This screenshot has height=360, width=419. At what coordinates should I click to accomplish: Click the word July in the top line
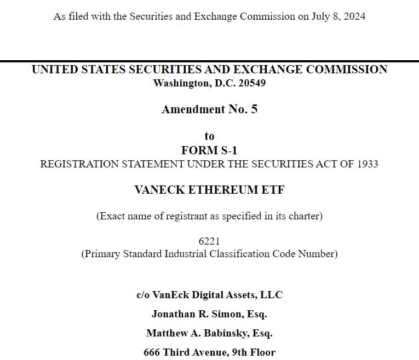click(x=322, y=16)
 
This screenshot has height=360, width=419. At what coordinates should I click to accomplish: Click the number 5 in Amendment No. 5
click(x=254, y=109)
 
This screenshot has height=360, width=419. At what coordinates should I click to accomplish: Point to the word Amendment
click(x=193, y=109)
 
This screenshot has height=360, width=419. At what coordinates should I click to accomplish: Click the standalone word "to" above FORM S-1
click(x=209, y=136)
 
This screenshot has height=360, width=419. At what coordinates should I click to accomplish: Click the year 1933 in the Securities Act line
click(x=366, y=164)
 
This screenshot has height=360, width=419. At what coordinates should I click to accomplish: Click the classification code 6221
click(x=209, y=241)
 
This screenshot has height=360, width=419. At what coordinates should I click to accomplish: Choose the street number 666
click(x=152, y=352)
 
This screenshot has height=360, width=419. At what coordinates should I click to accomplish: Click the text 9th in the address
click(x=238, y=352)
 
